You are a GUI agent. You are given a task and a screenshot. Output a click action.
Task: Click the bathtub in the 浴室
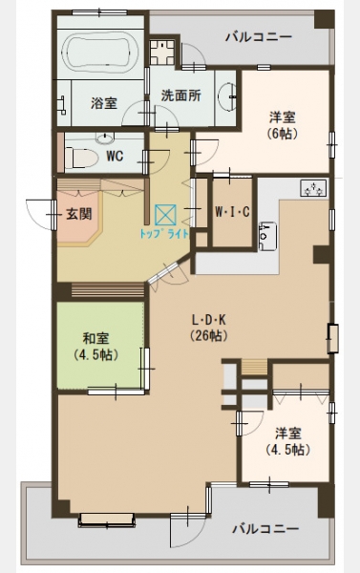click(100, 53)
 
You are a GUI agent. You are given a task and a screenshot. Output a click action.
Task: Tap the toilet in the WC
click(81, 158)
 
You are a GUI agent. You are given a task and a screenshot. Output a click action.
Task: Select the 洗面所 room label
click(181, 95)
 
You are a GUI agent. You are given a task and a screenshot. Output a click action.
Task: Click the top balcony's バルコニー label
click(259, 37)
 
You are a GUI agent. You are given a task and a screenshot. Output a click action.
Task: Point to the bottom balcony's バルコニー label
click(265, 528)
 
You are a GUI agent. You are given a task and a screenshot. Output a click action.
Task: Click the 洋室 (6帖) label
click(283, 125)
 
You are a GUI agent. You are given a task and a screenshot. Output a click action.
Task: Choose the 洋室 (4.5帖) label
click(288, 441)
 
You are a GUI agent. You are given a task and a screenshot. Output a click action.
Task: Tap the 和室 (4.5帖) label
click(95, 347)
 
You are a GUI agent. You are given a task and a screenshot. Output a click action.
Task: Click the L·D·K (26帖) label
click(209, 328)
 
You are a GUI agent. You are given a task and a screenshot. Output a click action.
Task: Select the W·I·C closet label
click(232, 212)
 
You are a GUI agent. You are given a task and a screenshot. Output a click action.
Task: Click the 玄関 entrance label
click(79, 214)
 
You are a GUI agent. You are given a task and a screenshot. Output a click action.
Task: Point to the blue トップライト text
click(164, 234)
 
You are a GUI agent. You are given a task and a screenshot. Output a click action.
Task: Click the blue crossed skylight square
click(165, 215)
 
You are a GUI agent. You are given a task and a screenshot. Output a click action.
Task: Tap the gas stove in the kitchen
click(313, 188)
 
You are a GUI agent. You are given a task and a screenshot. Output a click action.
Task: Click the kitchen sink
click(267, 236)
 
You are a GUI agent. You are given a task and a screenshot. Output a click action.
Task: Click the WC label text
click(115, 156)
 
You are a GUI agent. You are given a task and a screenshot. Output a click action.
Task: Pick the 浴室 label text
click(104, 103)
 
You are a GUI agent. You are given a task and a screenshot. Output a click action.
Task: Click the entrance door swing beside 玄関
click(40, 215)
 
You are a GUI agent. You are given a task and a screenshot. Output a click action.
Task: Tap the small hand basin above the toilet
click(105, 138)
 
